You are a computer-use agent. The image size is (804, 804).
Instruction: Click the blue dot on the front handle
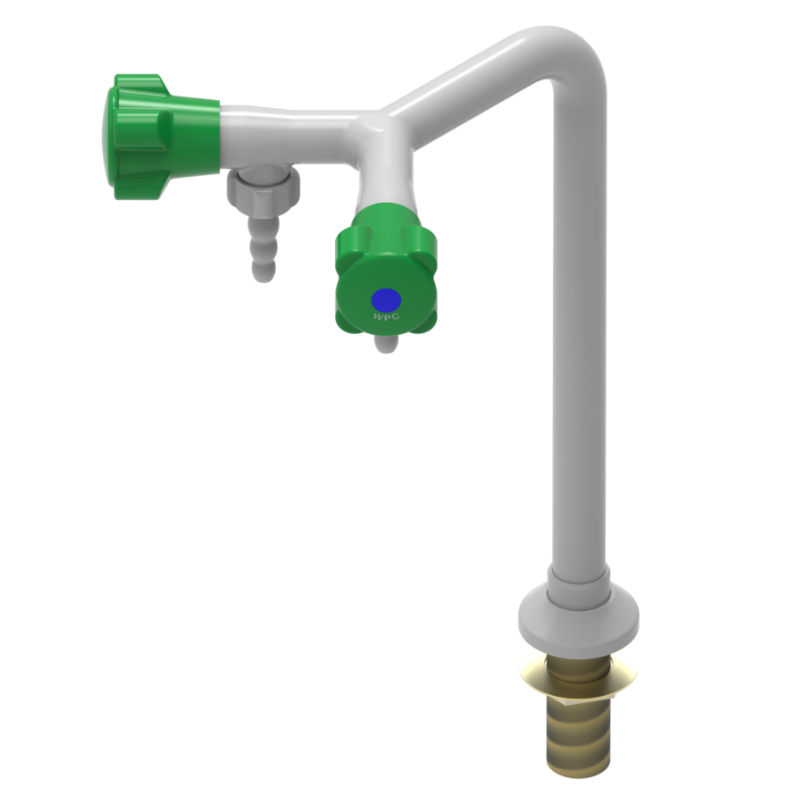pyautogui.click(x=386, y=298)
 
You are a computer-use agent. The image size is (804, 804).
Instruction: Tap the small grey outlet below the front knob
pyautogui.click(x=384, y=343)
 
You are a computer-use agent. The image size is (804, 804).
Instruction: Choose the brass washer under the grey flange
pyautogui.click(x=578, y=661)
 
